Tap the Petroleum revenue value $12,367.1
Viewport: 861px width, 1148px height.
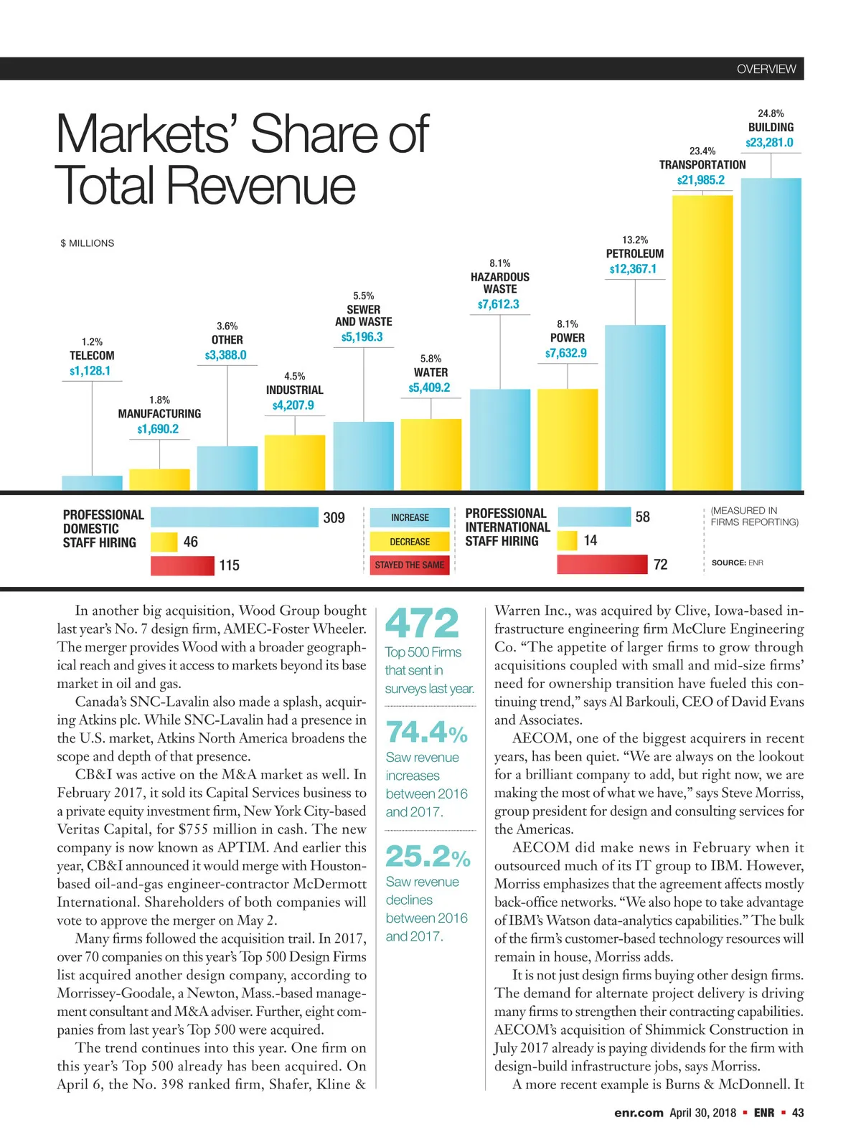coord(633,269)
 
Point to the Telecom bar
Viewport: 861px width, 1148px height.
coord(92,483)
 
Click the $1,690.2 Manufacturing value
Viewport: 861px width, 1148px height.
coord(158,429)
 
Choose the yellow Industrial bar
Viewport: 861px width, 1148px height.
coord(295,463)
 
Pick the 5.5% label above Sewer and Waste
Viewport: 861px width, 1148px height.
coord(364,296)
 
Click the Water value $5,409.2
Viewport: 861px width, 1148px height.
coord(430,388)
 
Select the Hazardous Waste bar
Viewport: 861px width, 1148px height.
coord(500,440)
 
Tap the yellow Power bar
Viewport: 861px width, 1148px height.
coord(568,440)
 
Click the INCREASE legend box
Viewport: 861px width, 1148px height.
coord(410,517)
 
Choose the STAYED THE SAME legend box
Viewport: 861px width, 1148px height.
coord(410,565)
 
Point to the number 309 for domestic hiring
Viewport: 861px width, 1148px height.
coord(334,518)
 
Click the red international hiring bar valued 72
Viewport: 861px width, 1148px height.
coord(602,564)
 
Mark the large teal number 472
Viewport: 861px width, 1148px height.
coord(422,623)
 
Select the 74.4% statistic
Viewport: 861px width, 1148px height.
coord(427,733)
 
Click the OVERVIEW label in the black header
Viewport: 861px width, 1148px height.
coord(766,69)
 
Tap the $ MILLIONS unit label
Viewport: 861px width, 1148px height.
coord(88,243)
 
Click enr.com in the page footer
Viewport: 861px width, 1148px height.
coord(639,1113)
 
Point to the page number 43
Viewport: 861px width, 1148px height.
coord(798,1113)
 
